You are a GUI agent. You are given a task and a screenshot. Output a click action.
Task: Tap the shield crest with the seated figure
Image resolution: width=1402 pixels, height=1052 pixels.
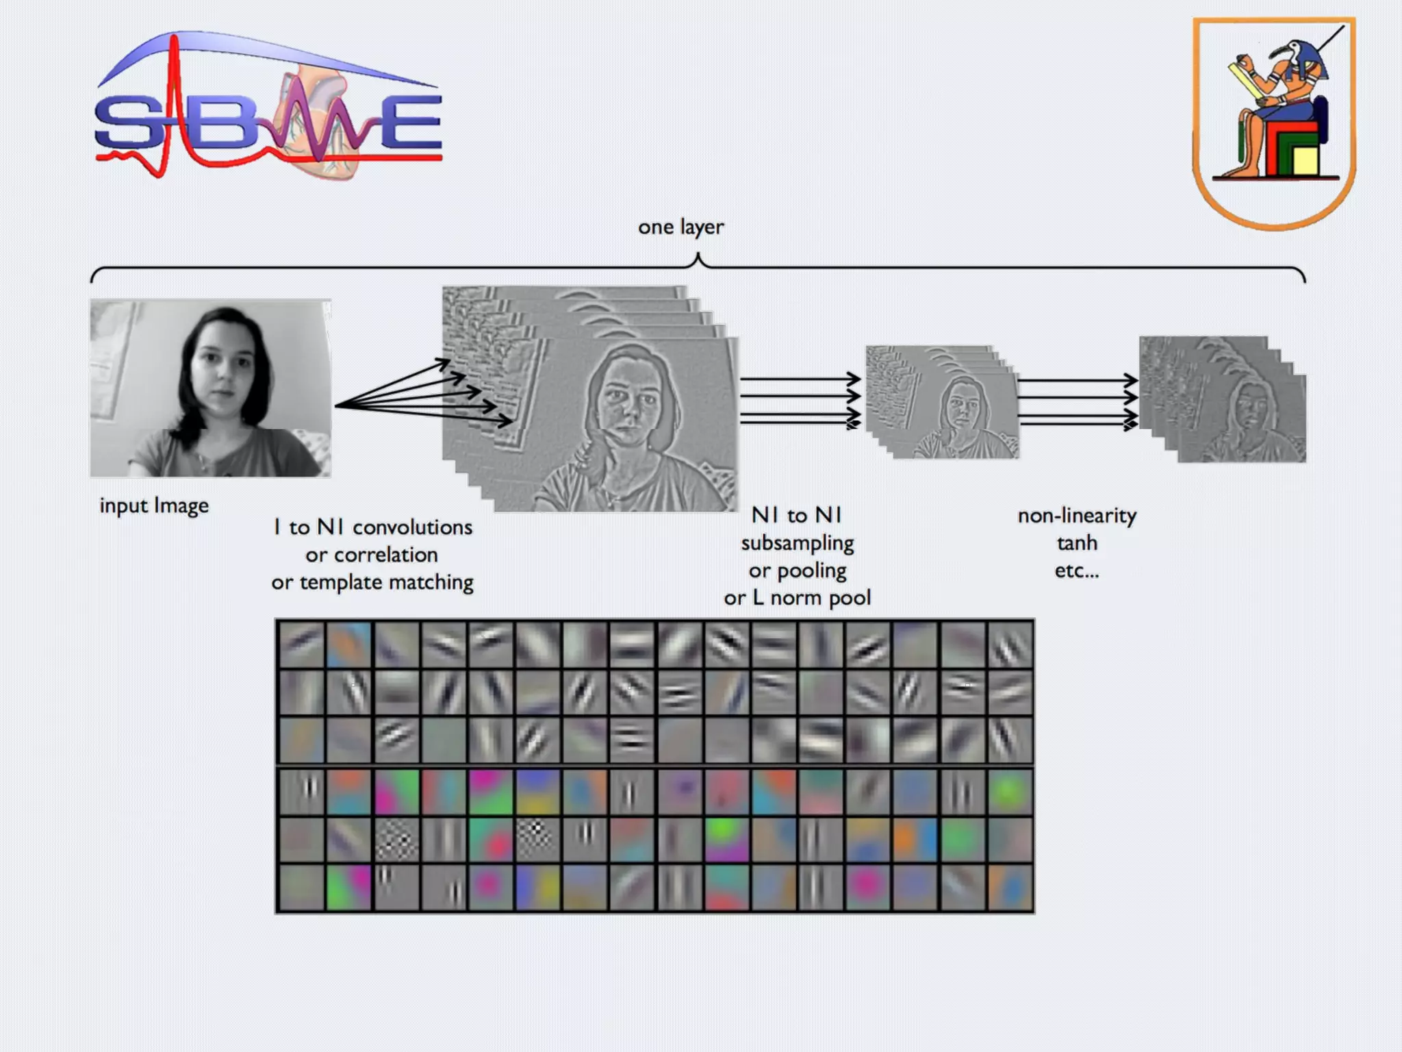tap(1273, 123)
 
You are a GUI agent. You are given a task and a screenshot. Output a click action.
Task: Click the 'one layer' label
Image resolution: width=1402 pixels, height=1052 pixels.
tap(680, 227)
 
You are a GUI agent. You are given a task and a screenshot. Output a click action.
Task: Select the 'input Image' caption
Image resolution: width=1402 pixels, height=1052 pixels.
tap(154, 506)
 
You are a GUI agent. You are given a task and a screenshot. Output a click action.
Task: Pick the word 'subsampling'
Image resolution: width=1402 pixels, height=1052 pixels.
tap(798, 543)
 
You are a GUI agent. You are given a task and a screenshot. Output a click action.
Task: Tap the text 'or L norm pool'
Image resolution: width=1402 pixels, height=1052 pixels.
tap(798, 598)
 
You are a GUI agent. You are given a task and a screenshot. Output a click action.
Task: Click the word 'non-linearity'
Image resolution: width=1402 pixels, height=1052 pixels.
tap(1077, 516)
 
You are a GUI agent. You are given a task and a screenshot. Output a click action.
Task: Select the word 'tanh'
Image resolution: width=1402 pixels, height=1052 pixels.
tap(1077, 543)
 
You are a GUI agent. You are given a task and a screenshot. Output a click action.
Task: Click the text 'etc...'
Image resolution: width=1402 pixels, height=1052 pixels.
tap(1077, 571)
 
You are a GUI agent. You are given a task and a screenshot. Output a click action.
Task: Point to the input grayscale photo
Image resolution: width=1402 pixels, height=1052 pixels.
tap(211, 388)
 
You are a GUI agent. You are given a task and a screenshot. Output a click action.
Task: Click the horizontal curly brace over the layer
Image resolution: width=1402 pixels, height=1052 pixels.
tap(698, 267)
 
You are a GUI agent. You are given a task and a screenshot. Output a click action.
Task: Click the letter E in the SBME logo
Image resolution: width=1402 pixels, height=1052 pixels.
tap(411, 123)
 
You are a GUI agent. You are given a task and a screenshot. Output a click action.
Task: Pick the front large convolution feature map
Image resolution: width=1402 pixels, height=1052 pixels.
tap(616, 425)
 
